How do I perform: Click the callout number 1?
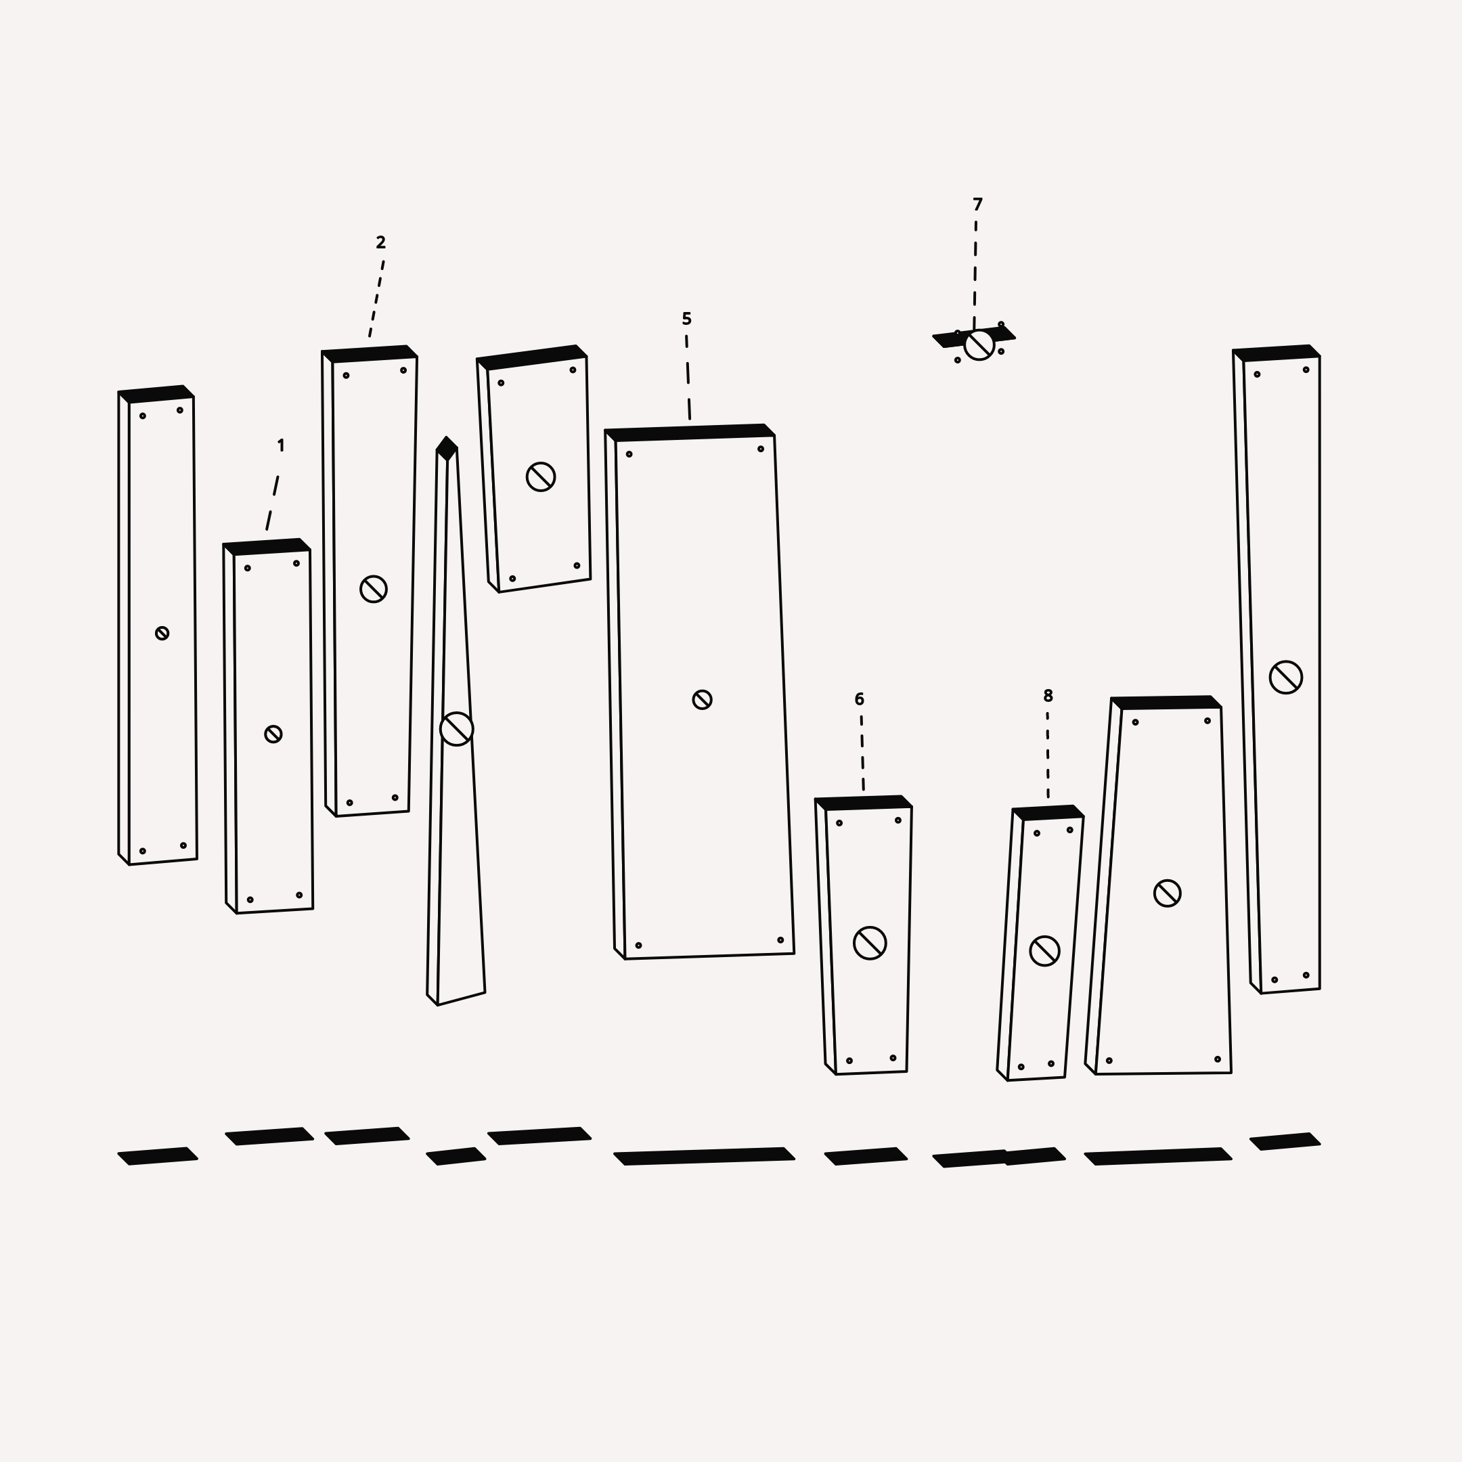tap(281, 446)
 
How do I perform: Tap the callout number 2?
tap(380, 242)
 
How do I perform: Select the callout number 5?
tap(686, 319)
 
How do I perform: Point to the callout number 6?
tap(859, 699)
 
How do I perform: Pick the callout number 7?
tap(977, 204)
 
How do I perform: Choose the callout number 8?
tap(1048, 695)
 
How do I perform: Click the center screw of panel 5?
tap(703, 699)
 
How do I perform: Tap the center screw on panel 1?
tap(273, 734)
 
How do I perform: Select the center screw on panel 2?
tap(373, 589)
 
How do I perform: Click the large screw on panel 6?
tap(870, 943)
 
